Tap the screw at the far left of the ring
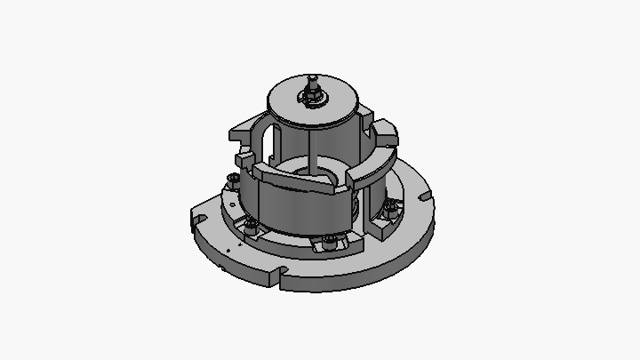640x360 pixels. pos(233,180)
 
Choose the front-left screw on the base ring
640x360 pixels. pos(252,226)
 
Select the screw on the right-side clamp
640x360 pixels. pos(390,210)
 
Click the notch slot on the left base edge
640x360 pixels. pos(196,218)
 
